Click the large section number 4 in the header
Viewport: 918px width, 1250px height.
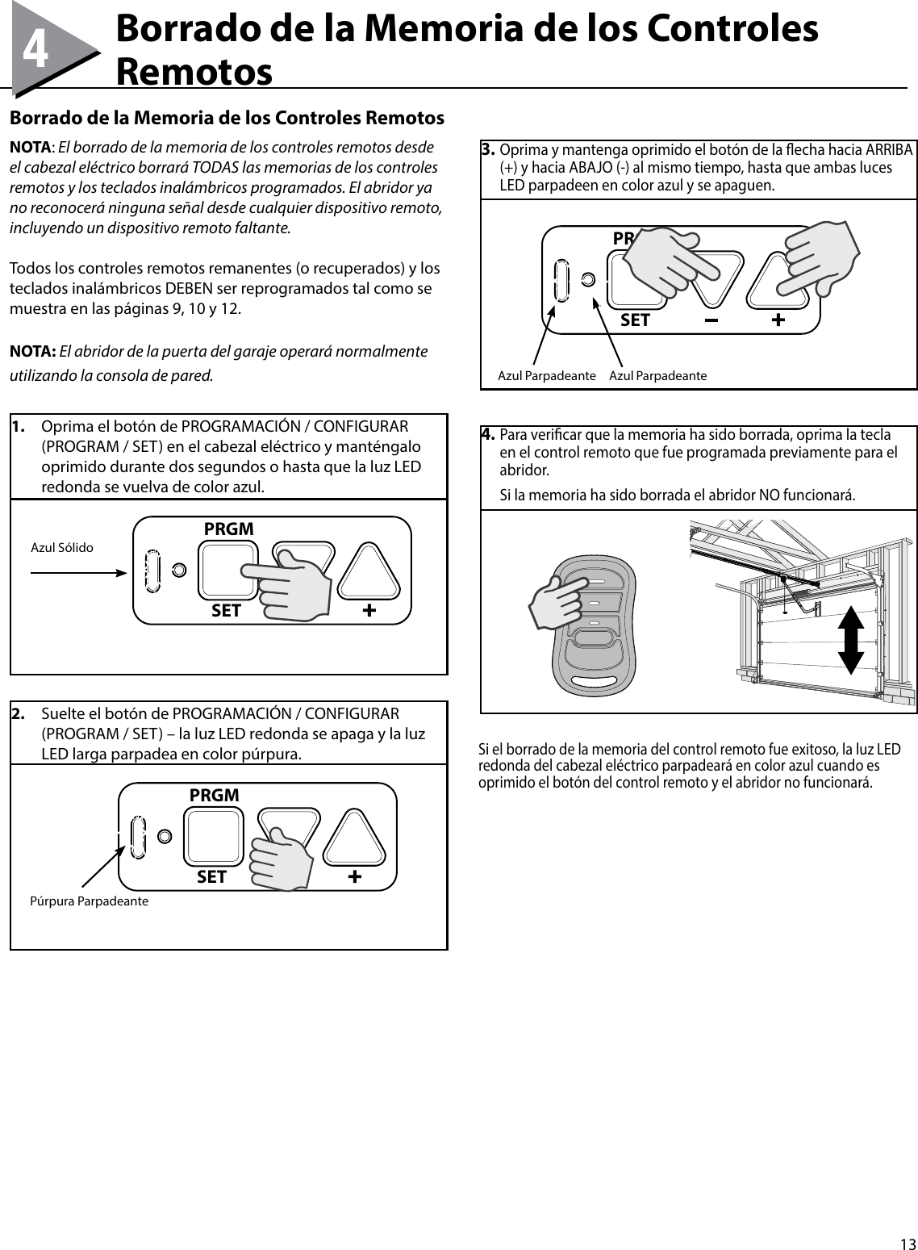click(x=35, y=51)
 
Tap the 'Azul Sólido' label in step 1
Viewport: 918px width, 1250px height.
click(x=61, y=548)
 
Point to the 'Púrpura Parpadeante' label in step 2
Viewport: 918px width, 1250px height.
click(x=89, y=901)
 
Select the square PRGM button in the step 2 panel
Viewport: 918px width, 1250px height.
click(x=214, y=836)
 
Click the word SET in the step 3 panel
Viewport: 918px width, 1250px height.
click(x=635, y=320)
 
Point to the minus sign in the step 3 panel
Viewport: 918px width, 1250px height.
click(x=711, y=320)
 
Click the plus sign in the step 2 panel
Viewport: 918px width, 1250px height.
click(x=355, y=876)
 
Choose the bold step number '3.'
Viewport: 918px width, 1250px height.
click(x=488, y=151)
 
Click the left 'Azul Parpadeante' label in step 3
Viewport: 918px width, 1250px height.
click(x=546, y=376)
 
